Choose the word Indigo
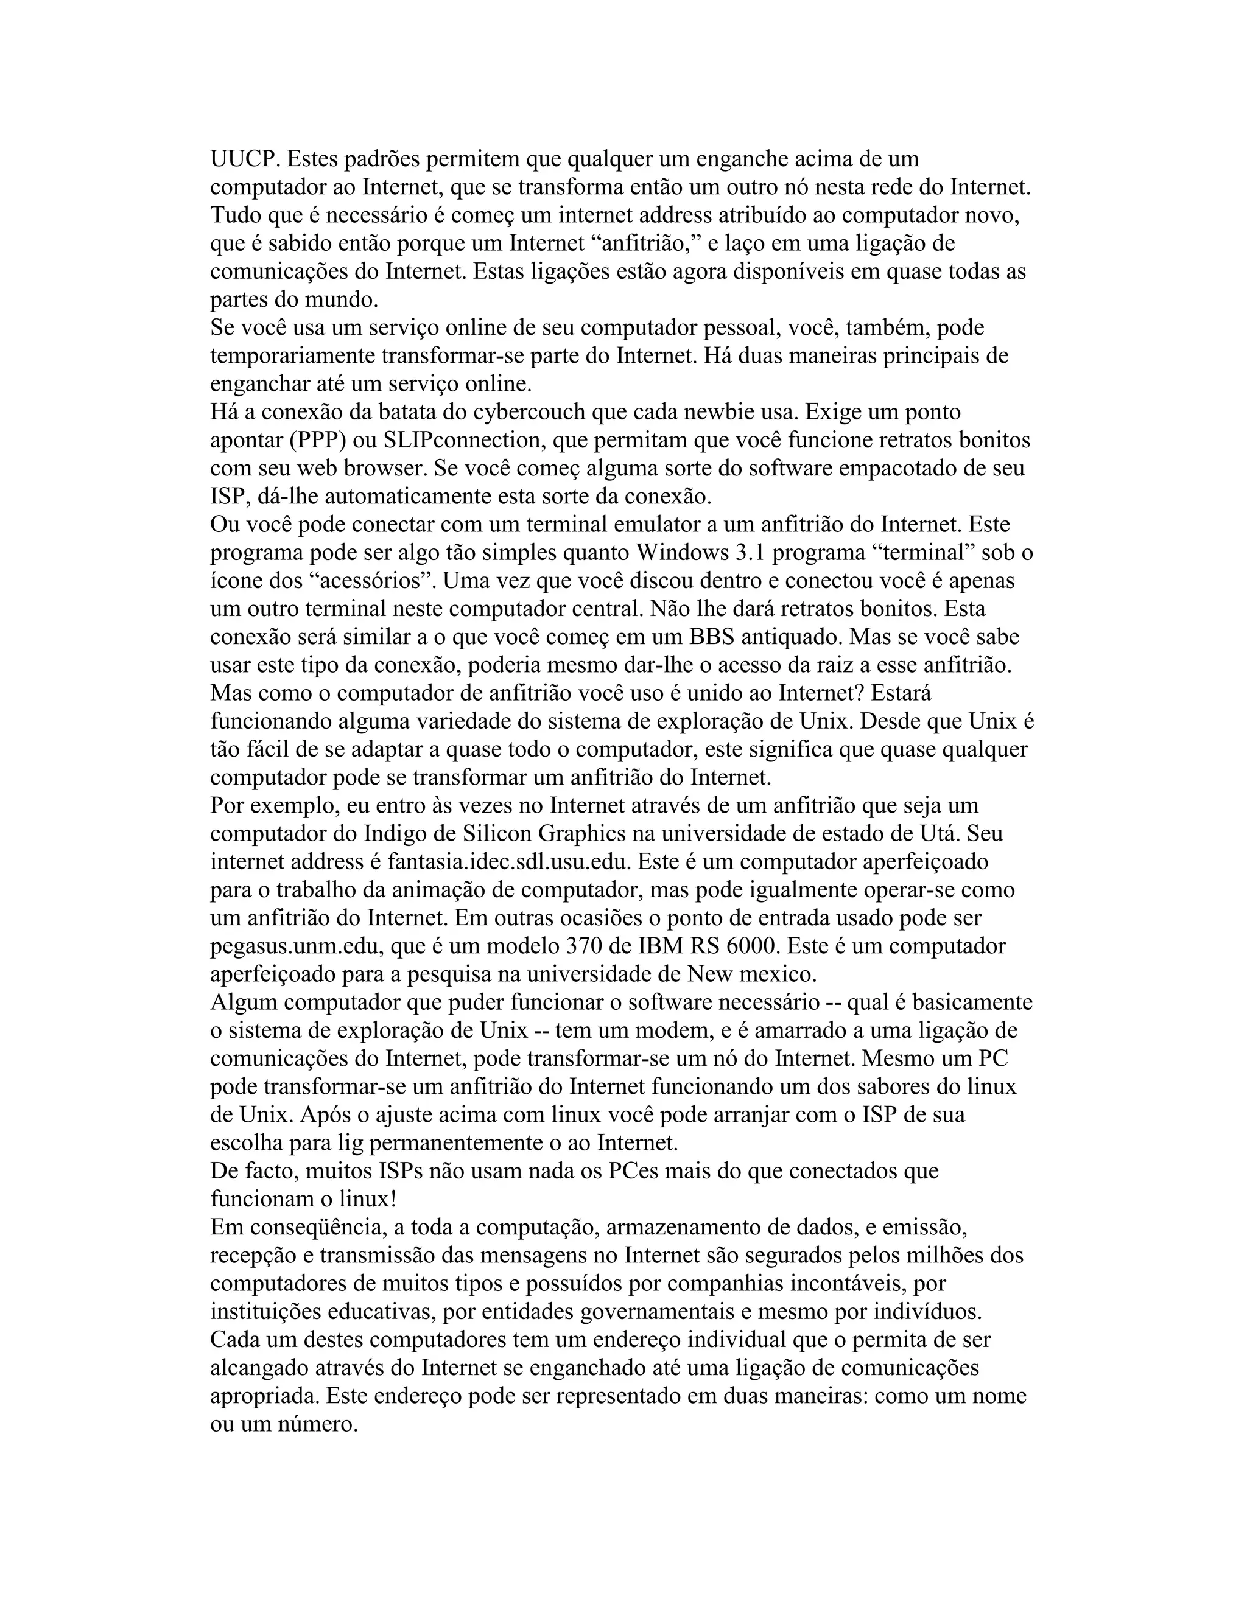pyautogui.click(x=401, y=834)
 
